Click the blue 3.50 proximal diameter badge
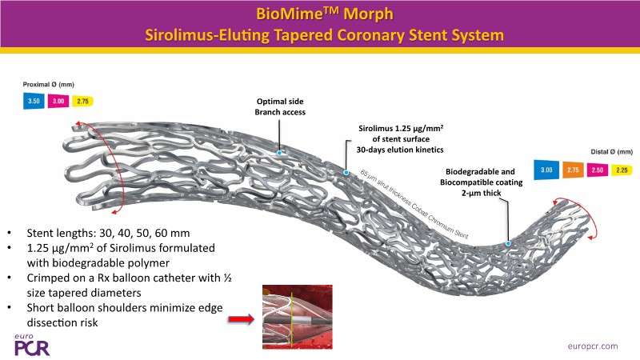(x=34, y=102)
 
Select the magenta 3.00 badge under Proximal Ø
(x=58, y=102)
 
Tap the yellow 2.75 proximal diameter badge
(x=82, y=102)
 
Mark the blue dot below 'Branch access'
(x=278, y=151)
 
